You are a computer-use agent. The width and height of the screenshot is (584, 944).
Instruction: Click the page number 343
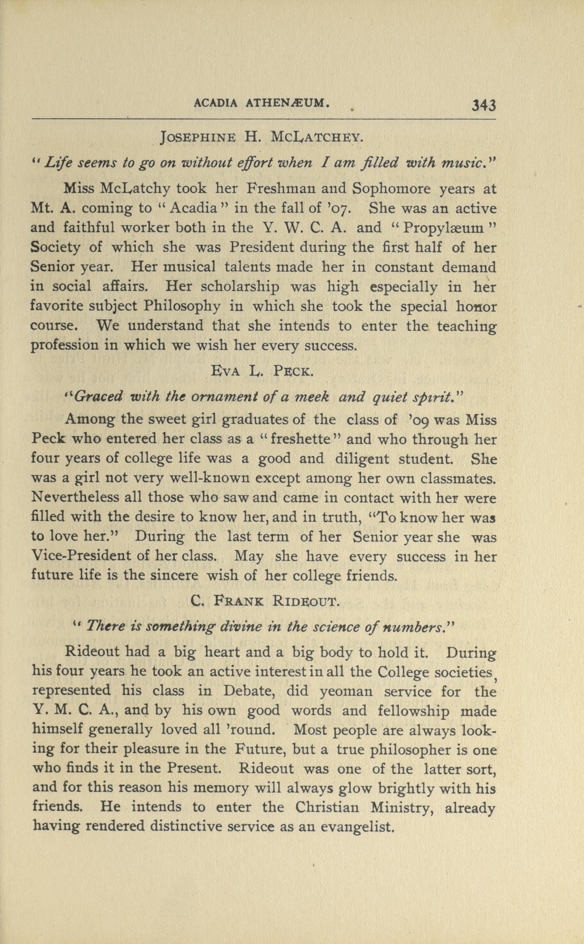(x=484, y=105)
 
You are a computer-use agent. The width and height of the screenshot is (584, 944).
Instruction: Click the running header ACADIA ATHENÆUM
(x=261, y=103)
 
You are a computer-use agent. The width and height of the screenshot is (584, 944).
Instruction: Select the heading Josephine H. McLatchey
(x=261, y=137)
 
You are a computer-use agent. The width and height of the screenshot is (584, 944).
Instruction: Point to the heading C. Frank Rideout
(x=265, y=601)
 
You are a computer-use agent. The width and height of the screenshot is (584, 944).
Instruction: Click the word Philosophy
(x=182, y=306)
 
